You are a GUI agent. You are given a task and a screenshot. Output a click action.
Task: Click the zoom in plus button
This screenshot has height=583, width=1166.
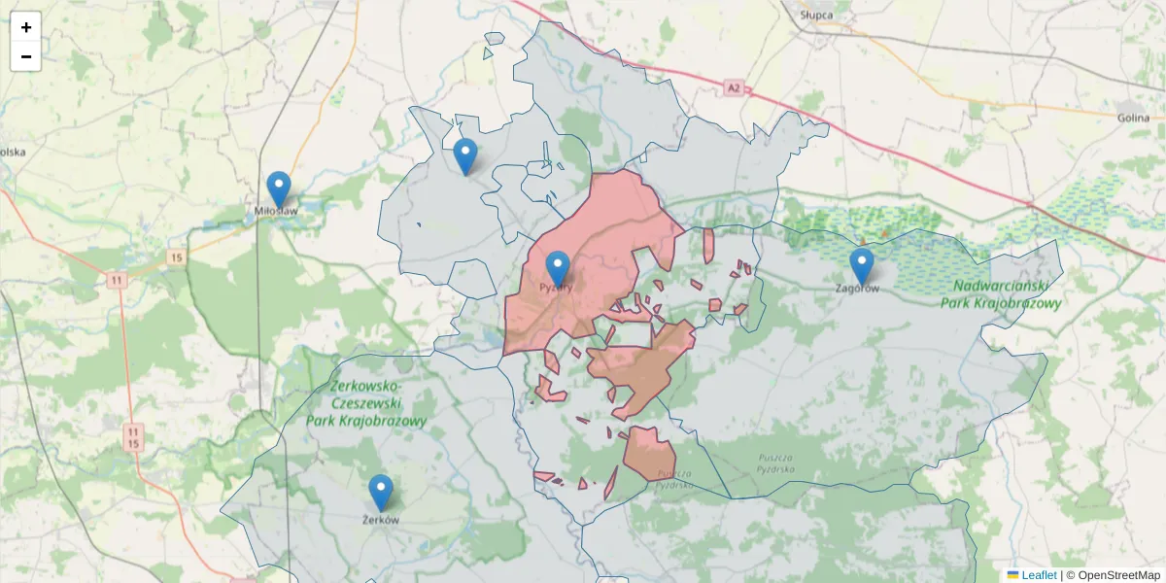tap(26, 27)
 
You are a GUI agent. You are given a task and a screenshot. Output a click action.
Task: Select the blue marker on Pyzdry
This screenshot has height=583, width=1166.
tap(558, 268)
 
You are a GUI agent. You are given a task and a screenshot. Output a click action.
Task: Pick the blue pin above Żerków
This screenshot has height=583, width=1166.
tap(381, 492)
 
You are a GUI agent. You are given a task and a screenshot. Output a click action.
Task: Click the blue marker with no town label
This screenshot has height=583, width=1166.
tap(465, 155)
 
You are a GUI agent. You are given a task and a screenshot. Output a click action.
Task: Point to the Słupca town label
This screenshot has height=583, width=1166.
tap(816, 16)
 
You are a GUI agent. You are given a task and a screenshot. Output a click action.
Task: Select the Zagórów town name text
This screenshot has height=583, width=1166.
tap(858, 289)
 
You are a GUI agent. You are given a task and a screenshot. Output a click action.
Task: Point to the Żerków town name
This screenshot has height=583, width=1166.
tap(381, 520)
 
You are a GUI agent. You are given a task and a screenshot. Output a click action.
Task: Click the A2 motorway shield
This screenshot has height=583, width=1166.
tap(734, 89)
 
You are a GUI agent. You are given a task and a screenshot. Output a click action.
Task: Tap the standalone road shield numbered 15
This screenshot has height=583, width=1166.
tap(175, 257)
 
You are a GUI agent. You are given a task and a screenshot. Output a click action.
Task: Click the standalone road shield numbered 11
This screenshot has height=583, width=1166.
tap(117, 280)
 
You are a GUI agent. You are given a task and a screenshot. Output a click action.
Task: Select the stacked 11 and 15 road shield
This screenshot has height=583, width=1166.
tap(134, 436)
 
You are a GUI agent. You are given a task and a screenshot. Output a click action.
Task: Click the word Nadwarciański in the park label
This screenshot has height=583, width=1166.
tap(1001, 286)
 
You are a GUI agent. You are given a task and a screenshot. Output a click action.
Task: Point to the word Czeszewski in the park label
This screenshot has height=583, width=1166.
tap(366, 403)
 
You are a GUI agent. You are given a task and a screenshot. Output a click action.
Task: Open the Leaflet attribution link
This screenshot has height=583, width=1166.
tap(1038, 575)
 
